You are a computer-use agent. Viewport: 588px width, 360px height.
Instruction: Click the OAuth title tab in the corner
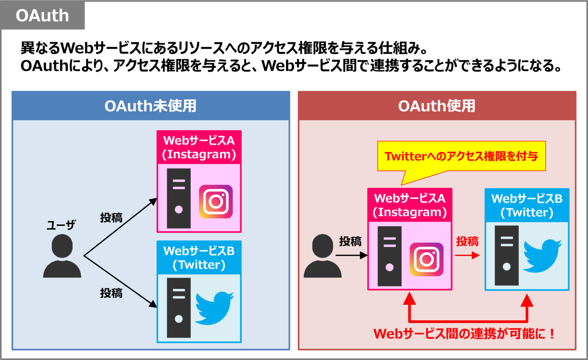point(42,16)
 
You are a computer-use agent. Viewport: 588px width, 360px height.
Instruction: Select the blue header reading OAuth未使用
point(150,106)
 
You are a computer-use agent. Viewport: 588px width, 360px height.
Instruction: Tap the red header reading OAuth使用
point(437,106)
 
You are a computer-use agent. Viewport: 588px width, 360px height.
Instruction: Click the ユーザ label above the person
point(61,225)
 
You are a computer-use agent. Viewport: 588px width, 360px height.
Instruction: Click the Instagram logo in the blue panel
point(216,201)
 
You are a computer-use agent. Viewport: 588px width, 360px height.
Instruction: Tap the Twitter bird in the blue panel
point(214,308)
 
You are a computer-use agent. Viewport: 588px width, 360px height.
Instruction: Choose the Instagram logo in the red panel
point(426,259)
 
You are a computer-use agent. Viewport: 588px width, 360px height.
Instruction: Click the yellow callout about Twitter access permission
point(461,156)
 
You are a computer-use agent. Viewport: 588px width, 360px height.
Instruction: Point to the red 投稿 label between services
point(467,242)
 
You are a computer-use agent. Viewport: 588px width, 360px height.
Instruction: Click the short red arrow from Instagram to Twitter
point(467,255)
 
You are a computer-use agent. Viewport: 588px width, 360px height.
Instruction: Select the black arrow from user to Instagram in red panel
point(351,255)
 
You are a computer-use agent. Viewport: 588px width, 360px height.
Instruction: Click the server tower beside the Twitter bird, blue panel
point(179,308)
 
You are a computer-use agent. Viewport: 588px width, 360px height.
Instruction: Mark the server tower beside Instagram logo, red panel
point(389,256)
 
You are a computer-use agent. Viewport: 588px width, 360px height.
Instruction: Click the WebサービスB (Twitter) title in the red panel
point(527,205)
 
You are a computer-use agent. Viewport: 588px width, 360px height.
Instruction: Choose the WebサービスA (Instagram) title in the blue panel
point(199,147)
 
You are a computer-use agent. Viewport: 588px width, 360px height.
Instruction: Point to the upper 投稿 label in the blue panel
point(111,218)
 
